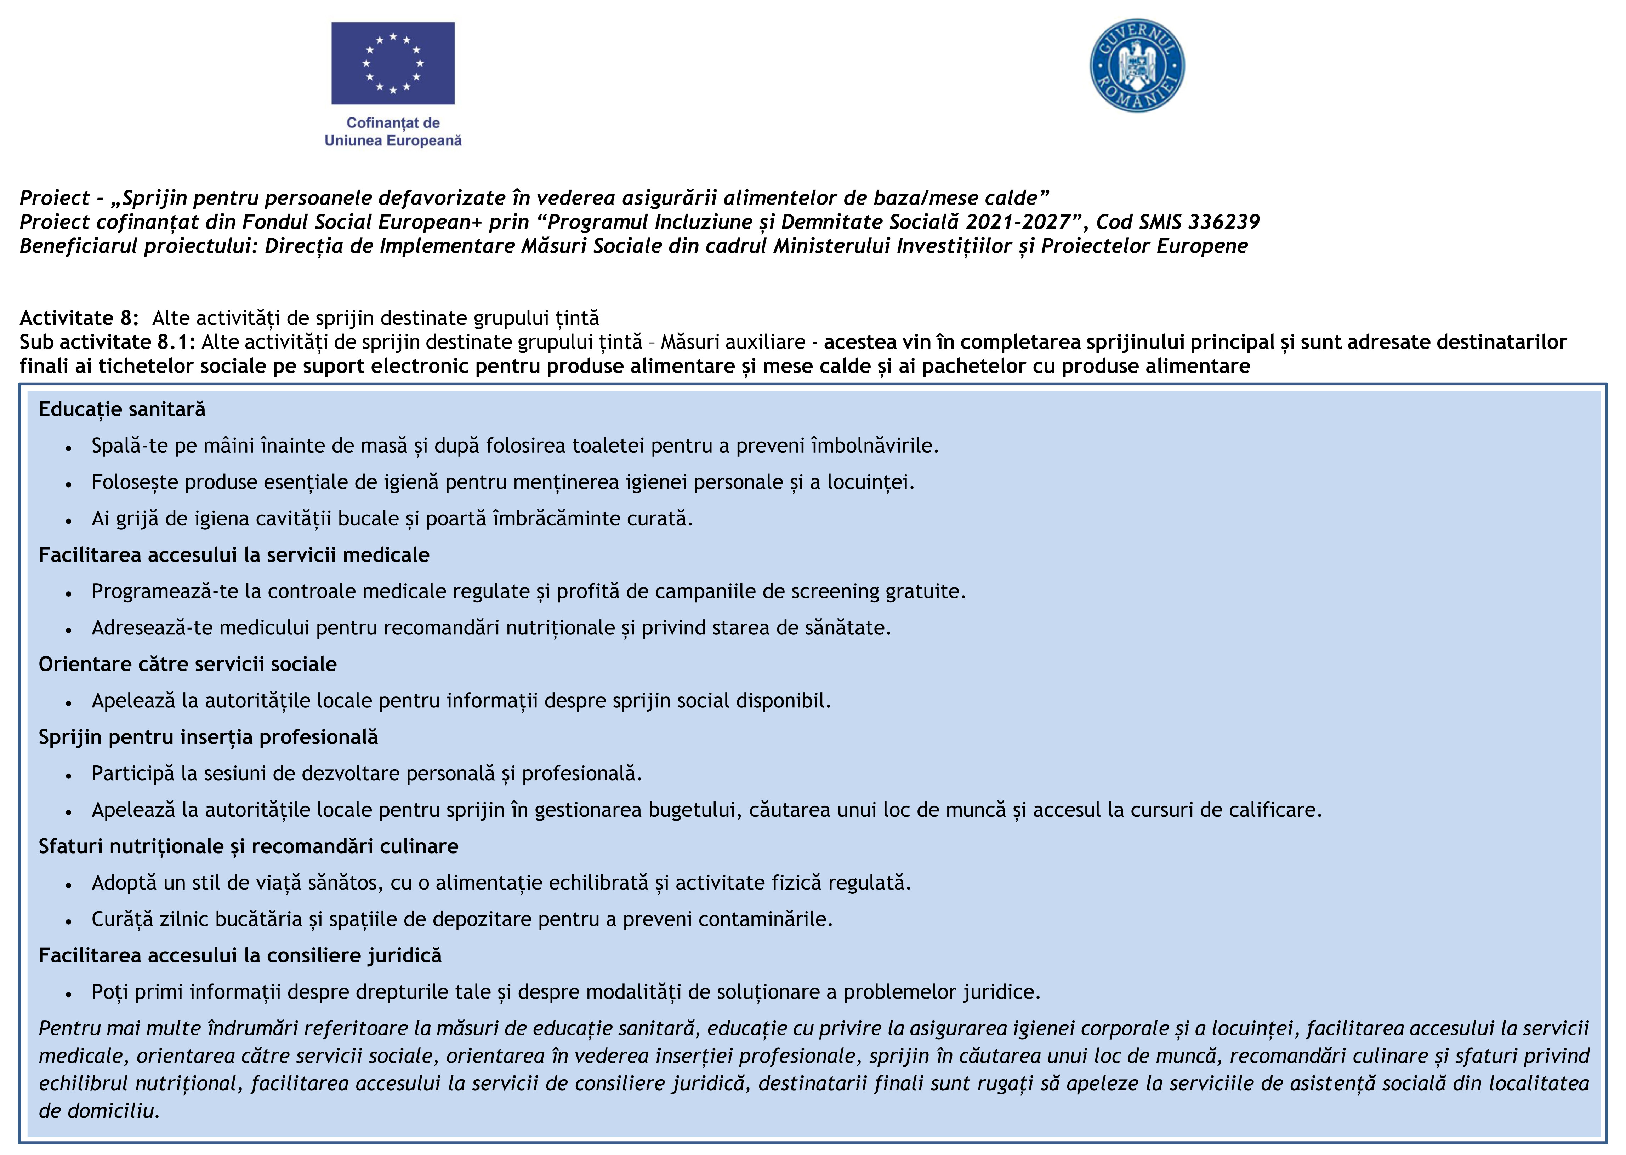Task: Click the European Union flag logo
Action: pos(393,63)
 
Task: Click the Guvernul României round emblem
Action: pos(1137,65)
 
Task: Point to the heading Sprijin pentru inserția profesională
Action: pos(208,737)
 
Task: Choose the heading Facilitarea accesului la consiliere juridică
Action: pos(240,955)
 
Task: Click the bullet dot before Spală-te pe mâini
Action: pos(68,448)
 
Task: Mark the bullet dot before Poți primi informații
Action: pos(68,994)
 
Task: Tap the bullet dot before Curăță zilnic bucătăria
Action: pos(68,921)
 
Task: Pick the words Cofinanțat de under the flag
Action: pos(393,123)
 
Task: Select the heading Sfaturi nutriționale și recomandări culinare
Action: pos(248,846)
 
